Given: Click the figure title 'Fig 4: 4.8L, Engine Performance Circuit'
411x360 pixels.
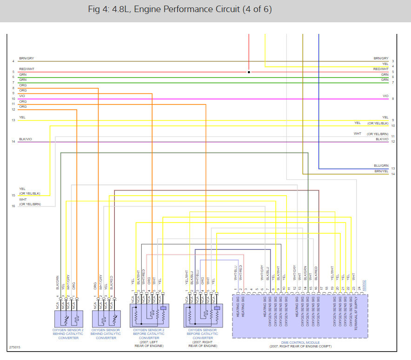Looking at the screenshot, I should click(179, 9).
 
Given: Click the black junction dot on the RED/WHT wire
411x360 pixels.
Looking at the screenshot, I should click(249, 72).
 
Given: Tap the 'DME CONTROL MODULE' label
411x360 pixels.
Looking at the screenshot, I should click(300, 343).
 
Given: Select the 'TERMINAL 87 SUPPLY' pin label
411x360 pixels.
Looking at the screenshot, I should click(356, 316).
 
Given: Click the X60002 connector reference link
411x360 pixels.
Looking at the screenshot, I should click(364, 285).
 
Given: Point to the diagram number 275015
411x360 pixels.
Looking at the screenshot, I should click(14, 347).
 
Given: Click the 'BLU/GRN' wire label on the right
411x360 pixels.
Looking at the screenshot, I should click(381, 166).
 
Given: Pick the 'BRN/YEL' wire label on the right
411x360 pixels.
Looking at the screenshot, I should click(381, 171).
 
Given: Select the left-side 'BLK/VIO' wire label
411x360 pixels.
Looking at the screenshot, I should click(26, 139).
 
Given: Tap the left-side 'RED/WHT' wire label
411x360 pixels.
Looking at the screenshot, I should click(27, 69).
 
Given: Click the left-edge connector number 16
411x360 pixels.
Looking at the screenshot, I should click(13, 206).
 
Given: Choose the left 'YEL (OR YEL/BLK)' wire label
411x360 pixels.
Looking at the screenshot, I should click(29, 191).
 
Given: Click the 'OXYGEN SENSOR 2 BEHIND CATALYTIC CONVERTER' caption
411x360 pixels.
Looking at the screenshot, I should click(68, 334).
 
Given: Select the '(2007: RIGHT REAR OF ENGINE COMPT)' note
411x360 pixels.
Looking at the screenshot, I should click(300, 347).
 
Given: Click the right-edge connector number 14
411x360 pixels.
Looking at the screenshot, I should click(393, 174).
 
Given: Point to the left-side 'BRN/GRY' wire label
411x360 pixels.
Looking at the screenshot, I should click(27, 59).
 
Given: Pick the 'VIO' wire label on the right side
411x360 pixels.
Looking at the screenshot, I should click(385, 96).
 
